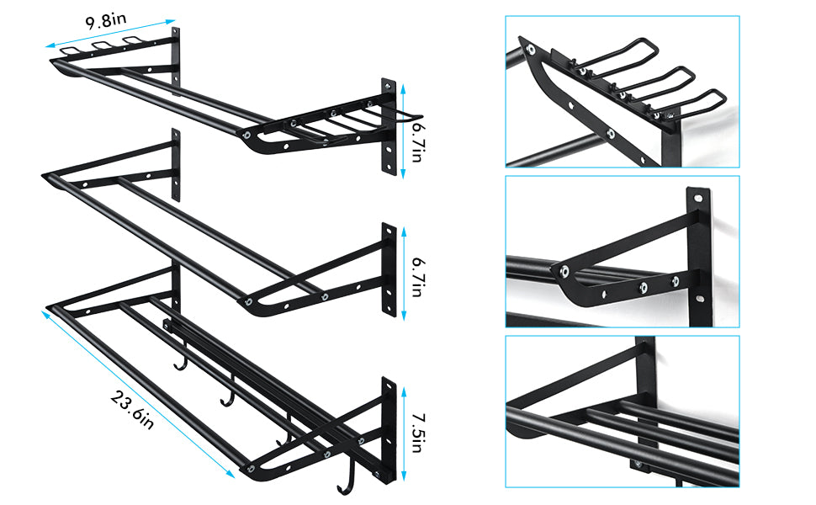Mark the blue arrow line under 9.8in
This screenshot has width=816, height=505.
[x=110, y=34]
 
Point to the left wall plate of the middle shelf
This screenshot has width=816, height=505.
[x=176, y=164]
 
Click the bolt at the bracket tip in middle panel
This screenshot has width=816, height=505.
[x=564, y=270]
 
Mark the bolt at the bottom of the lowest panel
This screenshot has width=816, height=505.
[x=637, y=465]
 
